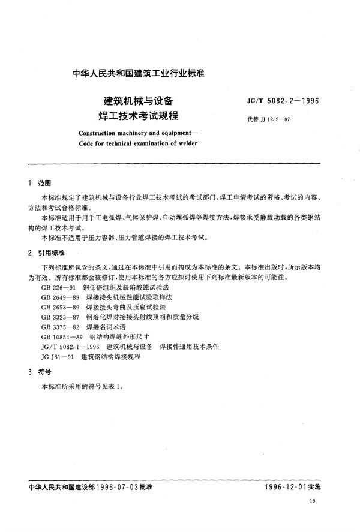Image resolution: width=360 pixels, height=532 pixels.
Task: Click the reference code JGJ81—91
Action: point(58,356)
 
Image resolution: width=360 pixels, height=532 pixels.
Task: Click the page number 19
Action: point(327,516)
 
